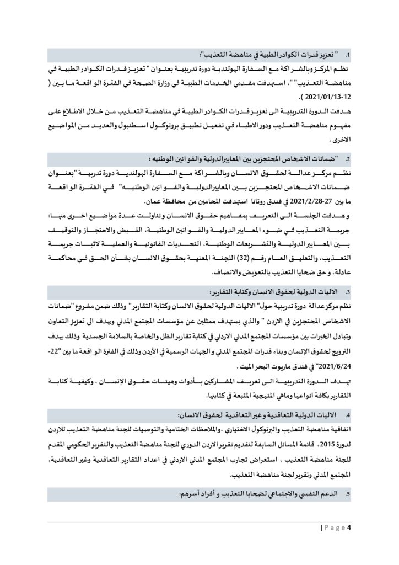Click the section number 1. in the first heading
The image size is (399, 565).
pos(348,56)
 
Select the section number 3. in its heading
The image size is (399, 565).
pos(348,292)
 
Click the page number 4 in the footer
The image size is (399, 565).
pos(349,529)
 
